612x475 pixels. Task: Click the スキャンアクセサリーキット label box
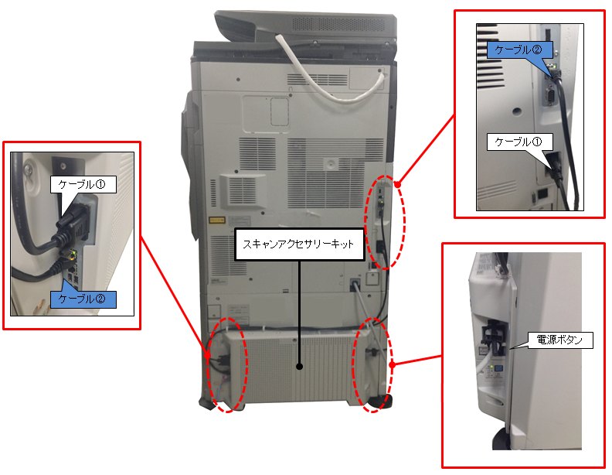click(x=299, y=244)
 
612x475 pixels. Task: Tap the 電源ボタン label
click(x=559, y=340)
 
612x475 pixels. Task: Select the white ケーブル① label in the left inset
click(x=83, y=184)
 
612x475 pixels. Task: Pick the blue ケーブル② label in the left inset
click(x=83, y=299)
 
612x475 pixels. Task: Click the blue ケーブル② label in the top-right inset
click(x=519, y=50)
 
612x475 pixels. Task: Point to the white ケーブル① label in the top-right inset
click(x=519, y=142)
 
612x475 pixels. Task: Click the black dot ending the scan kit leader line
click(x=299, y=367)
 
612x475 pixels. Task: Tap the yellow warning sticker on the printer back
click(x=217, y=220)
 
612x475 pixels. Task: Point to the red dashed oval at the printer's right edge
click(x=385, y=222)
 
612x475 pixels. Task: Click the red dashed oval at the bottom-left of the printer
click(x=227, y=365)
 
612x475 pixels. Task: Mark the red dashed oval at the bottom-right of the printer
click(x=372, y=365)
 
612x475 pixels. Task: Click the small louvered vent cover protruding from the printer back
click(x=243, y=191)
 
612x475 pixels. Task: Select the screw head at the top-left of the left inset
click(x=28, y=169)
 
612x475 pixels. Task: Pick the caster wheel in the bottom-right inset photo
click(x=501, y=439)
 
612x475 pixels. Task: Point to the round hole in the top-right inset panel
click(x=517, y=111)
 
